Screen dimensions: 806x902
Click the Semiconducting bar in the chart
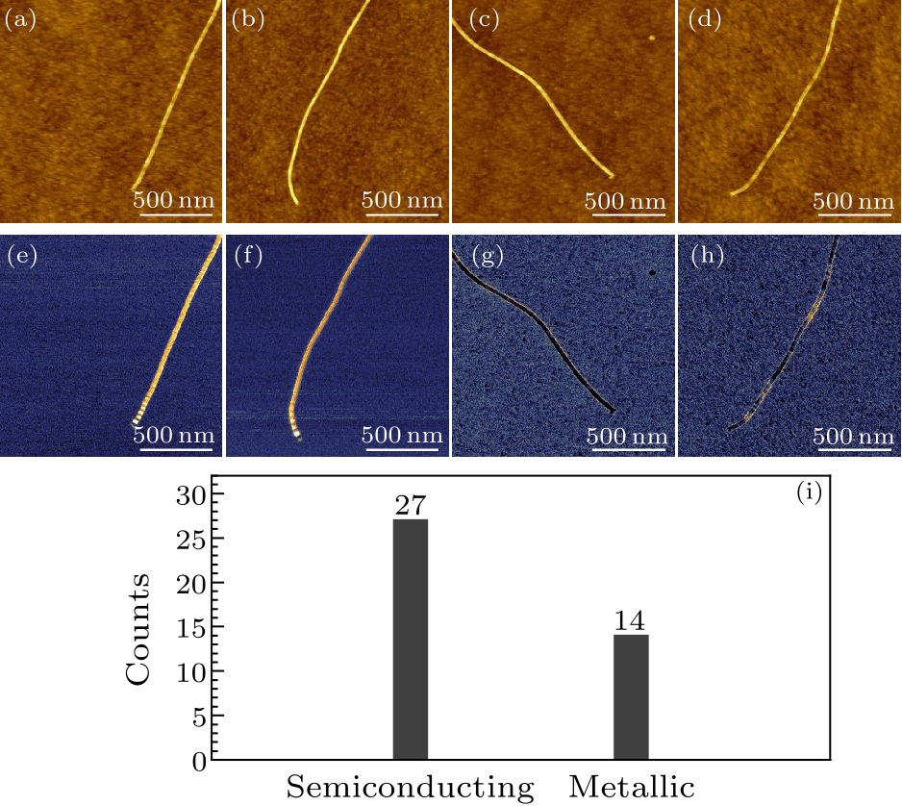point(411,640)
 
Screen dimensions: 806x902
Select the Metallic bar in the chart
point(631,697)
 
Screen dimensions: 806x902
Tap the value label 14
point(631,621)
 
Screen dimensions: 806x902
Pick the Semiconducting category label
point(410,788)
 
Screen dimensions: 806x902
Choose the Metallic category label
point(631,788)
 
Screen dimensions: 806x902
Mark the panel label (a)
point(19,18)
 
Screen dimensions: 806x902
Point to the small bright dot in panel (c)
point(651,38)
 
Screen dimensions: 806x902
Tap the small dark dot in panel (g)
point(652,272)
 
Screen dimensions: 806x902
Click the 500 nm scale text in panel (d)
point(852,203)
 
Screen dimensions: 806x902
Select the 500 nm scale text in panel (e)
point(172,434)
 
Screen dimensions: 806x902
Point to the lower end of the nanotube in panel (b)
point(295,202)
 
